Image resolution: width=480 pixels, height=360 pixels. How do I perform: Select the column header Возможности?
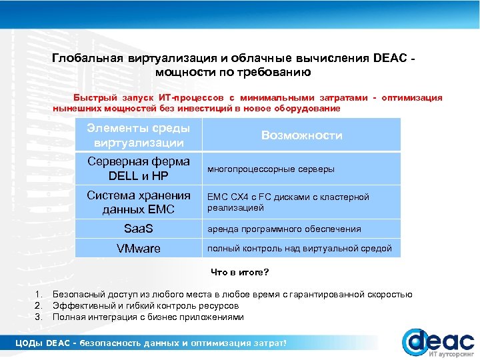[301, 135]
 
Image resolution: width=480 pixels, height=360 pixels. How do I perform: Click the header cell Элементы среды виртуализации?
[141, 135]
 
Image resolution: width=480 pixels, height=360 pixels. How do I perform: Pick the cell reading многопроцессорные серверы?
[271, 169]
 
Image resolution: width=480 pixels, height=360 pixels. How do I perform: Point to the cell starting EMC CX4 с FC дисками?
[288, 202]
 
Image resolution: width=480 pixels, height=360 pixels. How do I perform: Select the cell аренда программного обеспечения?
[284, 229]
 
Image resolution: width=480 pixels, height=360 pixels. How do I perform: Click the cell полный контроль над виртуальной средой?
[299, 249]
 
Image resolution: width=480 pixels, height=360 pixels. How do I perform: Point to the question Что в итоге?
[240, 272]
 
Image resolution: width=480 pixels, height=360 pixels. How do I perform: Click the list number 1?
[39, 294]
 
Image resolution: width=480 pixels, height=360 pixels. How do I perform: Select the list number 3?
[39, 317]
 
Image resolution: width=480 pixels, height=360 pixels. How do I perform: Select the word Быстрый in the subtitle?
[91, 98]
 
